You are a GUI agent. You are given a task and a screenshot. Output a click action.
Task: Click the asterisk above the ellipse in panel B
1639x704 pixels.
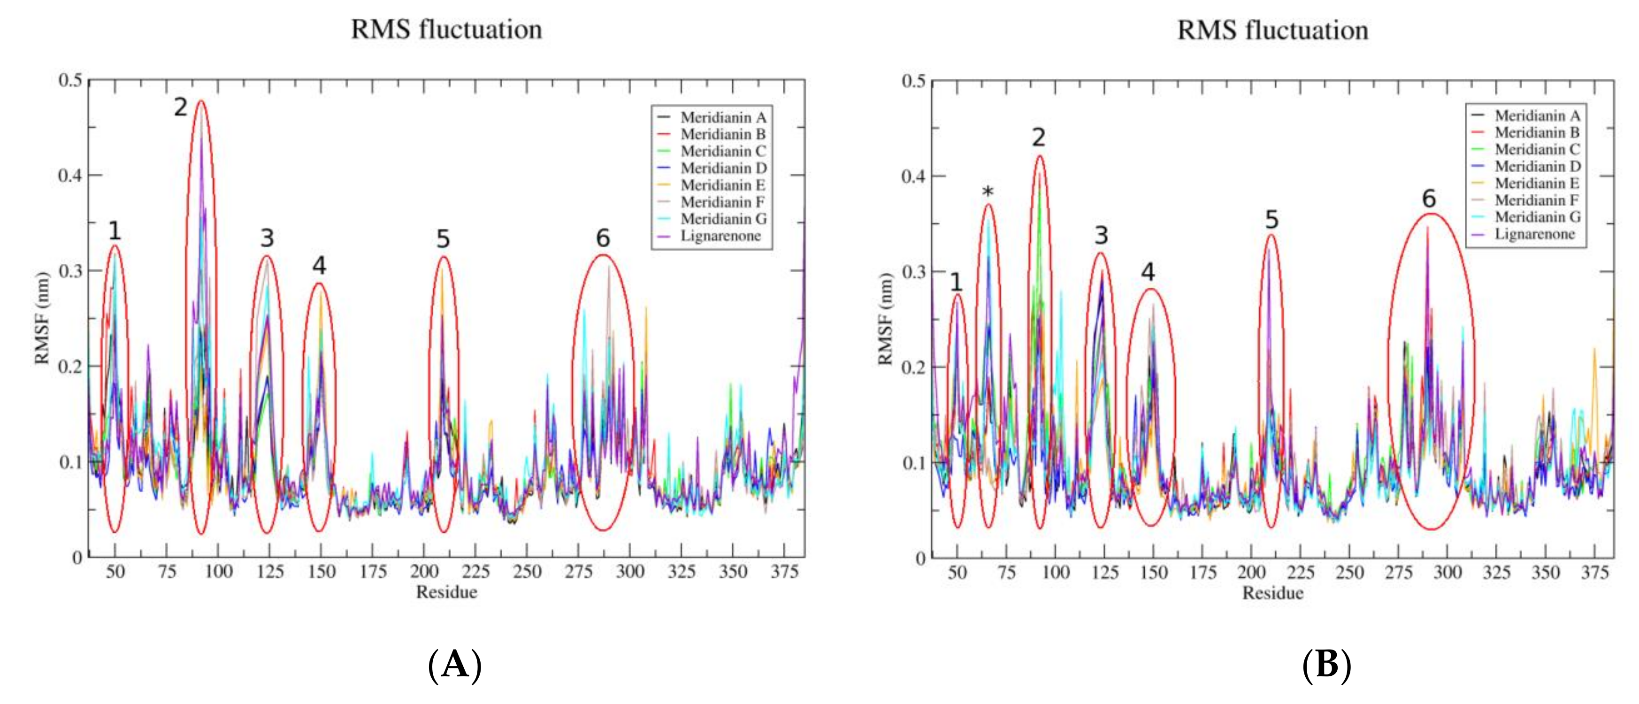coord(988,192)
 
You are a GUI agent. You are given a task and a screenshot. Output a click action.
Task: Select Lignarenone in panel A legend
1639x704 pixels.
coord(720,236)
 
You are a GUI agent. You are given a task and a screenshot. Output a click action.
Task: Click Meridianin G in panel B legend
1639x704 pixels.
coord(1537,217)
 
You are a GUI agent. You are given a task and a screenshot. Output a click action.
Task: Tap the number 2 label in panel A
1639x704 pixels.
coord(181,107)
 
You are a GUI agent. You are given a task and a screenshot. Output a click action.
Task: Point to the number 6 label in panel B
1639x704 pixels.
coord(1429,199)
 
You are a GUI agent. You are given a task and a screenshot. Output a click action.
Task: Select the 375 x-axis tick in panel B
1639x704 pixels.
coord(1594,573)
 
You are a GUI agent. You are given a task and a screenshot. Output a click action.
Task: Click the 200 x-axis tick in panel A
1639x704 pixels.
coord(424,572)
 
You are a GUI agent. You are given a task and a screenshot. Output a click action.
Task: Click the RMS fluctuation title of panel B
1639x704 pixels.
coord(1272,30)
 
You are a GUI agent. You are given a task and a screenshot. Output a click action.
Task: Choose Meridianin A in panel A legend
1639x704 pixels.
coord(723,118)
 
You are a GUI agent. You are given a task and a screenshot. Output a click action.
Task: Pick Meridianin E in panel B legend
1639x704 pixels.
coord(1537,183)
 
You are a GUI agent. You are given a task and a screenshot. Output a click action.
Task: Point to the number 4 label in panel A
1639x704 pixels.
coord(319,266)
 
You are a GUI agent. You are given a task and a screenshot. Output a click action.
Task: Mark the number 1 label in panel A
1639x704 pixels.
coord(115,231)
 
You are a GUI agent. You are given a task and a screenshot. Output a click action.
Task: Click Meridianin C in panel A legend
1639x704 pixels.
coord(723,151)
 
